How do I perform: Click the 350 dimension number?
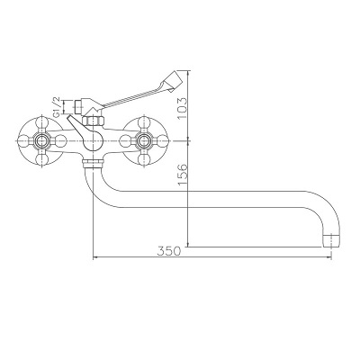169,251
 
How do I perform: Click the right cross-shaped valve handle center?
143,139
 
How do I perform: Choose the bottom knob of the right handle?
143,161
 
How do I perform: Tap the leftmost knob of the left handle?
17,139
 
